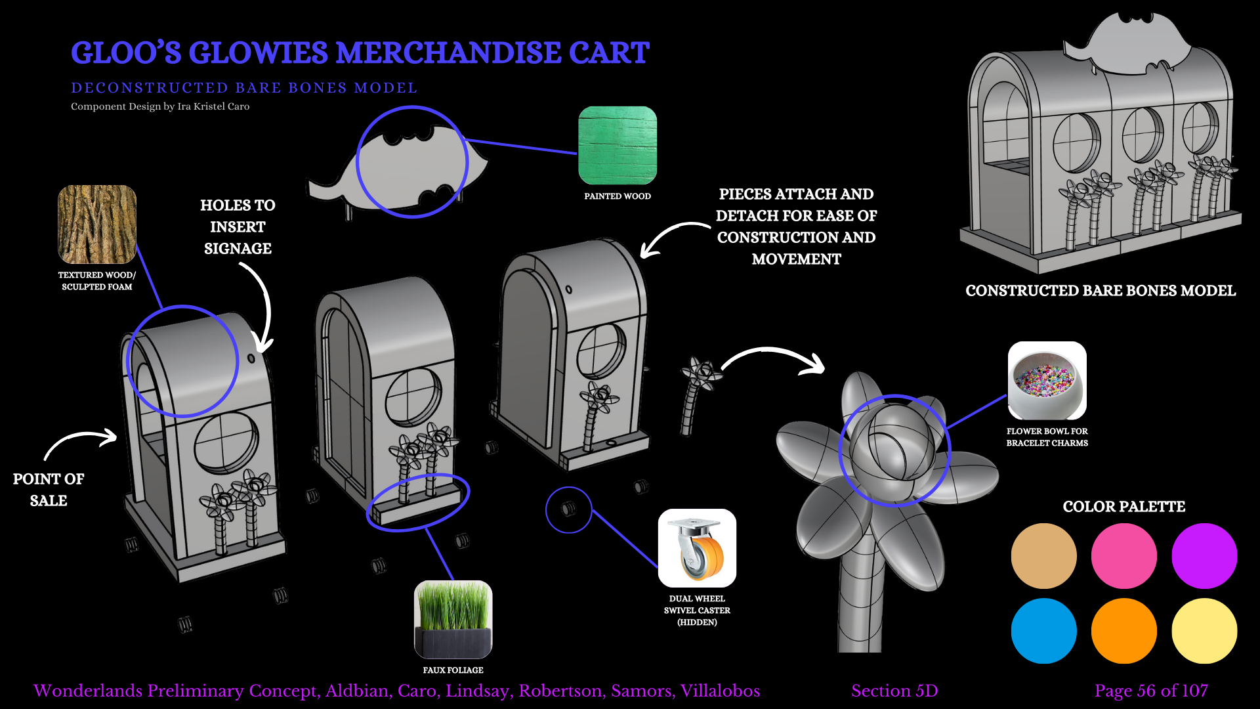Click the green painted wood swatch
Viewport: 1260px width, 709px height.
(617, 145)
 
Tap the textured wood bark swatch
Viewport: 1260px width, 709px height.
(97, 224)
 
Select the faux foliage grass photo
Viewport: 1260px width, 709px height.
(453, 619)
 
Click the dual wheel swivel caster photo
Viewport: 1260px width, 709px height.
(697, 548)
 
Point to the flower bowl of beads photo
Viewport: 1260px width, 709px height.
(1047, 381)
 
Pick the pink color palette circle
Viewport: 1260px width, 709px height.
(1123, 555)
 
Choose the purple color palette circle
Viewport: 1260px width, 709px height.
(1204, 555)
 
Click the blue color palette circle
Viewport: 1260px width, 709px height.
(1043, 630)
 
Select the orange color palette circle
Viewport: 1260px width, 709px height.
(1123, 630)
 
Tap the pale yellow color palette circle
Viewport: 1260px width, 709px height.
(1204, 630)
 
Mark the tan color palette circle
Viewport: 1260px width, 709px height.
(1043, 555)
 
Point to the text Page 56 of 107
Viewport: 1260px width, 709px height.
(1151, 691)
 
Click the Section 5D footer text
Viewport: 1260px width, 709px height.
(894, 691)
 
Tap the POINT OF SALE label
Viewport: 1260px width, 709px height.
(49, 490)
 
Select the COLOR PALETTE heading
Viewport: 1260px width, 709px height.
(1123, 507)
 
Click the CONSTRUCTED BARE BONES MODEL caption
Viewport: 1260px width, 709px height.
(1101, 291)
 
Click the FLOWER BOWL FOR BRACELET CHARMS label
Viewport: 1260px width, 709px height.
(1047, 437)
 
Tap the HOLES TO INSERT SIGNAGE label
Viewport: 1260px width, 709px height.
(238, 226)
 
